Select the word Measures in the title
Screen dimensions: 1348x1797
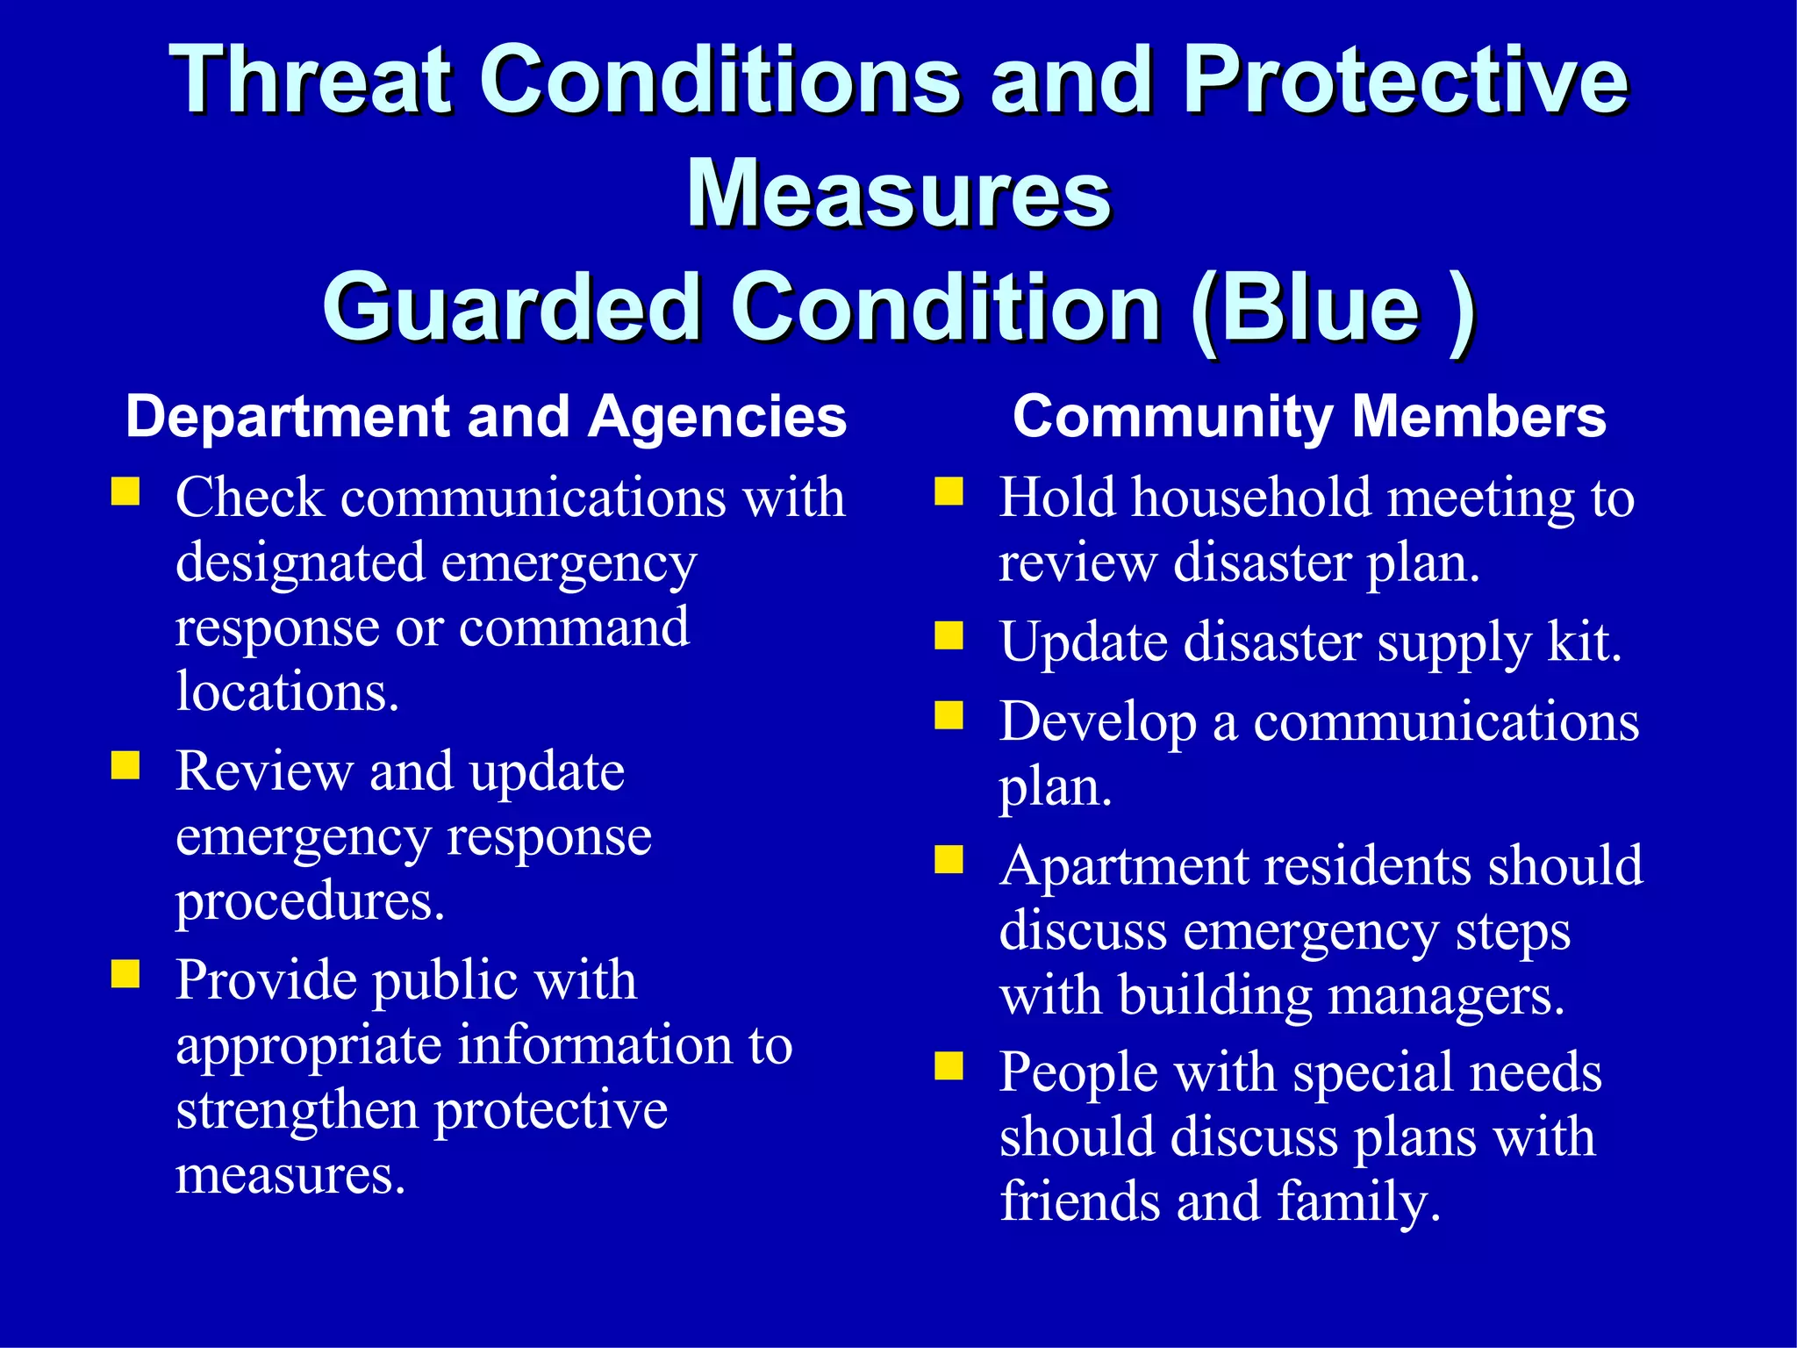(x=898, y=195)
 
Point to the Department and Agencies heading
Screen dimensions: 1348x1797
(x=486, y=416)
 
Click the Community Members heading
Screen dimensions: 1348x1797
(x=1308, y=416)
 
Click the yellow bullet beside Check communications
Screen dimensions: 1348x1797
(x=125, y=491)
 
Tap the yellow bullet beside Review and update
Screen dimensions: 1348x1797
(x=125, y=765)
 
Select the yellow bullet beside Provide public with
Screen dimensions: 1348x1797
(x=125, y=974)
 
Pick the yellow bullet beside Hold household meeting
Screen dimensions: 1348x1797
(x=949, y=491)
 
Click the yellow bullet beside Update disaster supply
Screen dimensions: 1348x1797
(x=949, y=635)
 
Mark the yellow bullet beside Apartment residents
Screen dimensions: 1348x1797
(x=949, y=860)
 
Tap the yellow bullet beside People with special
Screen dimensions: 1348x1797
(x=949, y=1065)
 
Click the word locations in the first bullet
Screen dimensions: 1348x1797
(x=287, y=692)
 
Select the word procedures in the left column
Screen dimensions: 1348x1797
(x=310, y=902)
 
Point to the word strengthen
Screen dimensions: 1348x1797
(x=297, y=1111)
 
